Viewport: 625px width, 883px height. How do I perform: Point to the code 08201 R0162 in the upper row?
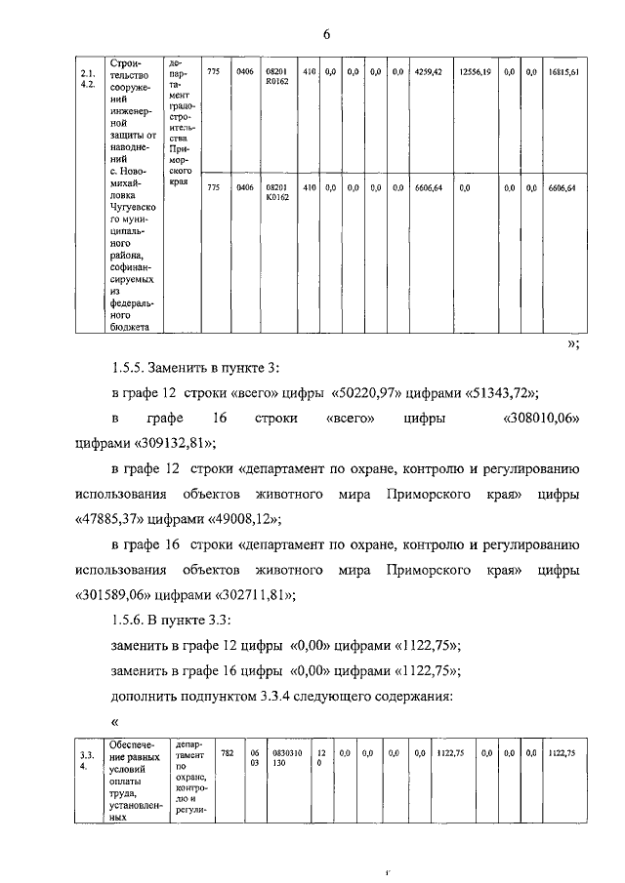(x=277, y=78)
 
